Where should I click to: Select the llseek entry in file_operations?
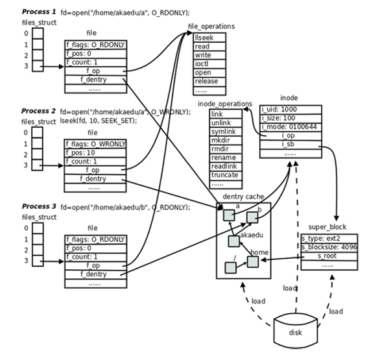210,38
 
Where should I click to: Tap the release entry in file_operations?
210,81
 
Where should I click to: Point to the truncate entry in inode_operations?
226,175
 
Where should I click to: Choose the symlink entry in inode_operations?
226,132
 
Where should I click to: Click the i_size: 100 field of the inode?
291,118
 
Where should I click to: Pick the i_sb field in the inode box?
291,145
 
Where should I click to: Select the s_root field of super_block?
329,256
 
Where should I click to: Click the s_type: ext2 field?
329,238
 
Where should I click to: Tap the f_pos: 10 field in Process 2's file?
95,153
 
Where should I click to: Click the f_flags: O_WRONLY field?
95,144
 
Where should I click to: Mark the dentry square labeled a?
229,215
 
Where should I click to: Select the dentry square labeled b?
252,217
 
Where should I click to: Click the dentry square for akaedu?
234,241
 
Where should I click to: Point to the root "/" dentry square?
230,268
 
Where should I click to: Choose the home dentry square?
253,262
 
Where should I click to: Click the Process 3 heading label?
39,206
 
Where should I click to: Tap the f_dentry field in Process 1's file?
96,80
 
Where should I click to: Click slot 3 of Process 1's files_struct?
38,66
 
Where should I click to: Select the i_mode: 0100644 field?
291,126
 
